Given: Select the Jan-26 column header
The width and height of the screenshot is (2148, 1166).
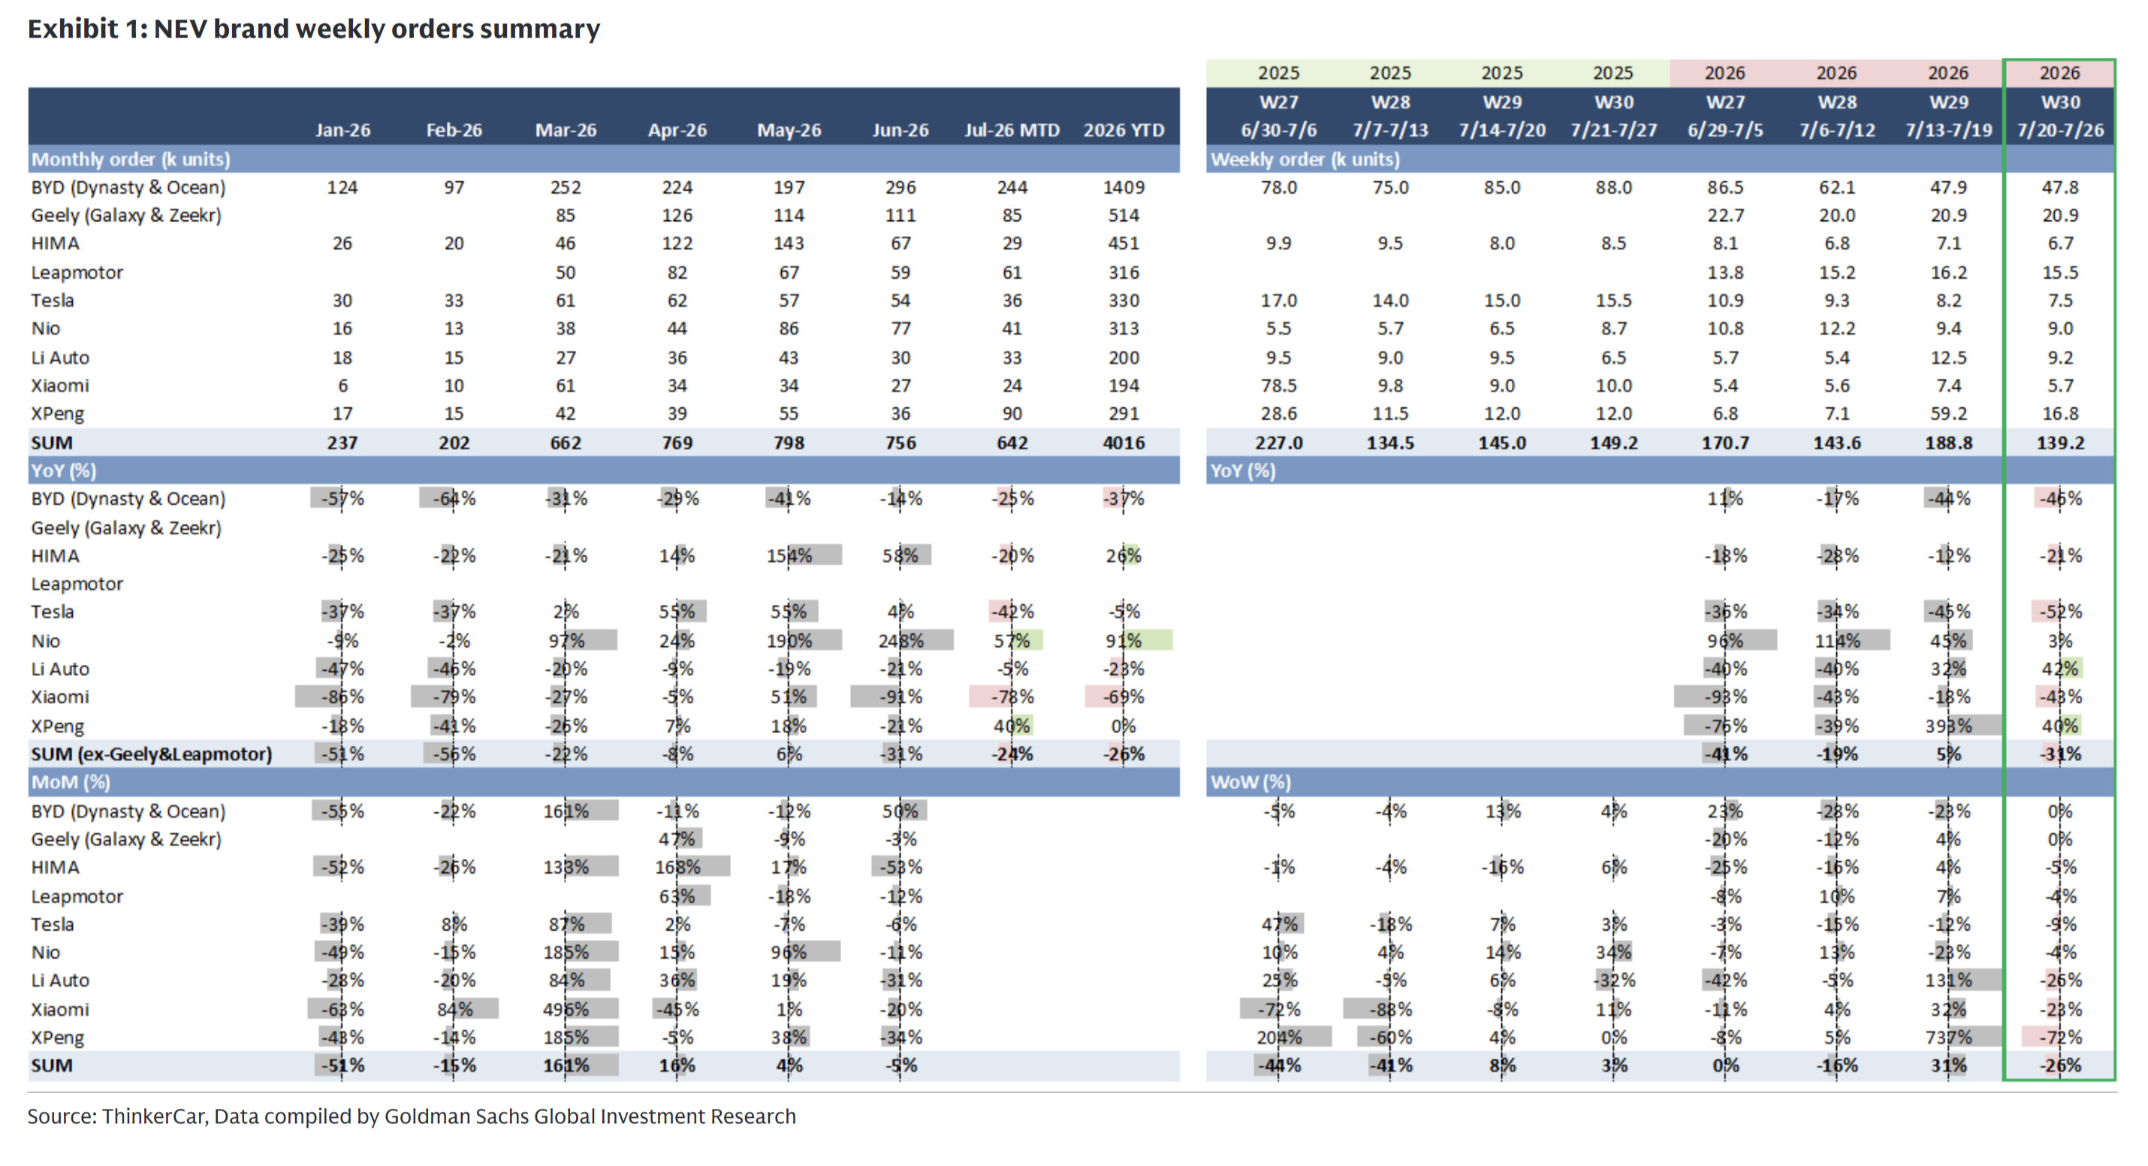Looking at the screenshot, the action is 342,130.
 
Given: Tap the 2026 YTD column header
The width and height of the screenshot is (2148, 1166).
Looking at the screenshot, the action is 1124,130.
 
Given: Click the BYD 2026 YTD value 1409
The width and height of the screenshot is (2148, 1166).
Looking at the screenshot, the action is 1124,188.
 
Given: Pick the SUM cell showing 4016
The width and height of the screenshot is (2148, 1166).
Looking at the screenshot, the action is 1124,443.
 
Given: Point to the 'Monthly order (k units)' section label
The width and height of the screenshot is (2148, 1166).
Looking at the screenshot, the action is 131,159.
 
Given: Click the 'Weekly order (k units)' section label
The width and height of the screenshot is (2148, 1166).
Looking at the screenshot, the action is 1305,159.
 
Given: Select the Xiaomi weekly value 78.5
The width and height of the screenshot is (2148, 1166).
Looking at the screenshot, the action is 1278,386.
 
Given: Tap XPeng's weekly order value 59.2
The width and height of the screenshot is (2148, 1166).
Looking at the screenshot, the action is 1948,414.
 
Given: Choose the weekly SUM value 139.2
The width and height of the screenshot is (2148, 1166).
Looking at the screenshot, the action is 2059,443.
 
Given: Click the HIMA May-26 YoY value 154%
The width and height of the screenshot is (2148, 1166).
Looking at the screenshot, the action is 789,555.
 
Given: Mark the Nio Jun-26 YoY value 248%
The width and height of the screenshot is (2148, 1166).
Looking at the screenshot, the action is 901,641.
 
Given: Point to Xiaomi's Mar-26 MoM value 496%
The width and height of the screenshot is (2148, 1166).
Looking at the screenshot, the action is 566,1009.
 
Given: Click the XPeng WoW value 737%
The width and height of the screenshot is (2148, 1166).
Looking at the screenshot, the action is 1948,1038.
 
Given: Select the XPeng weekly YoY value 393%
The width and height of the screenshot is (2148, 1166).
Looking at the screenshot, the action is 1948,726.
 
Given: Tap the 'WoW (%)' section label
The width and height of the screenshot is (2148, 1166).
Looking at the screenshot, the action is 1250,782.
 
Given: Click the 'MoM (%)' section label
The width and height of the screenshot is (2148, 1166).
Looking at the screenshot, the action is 71,782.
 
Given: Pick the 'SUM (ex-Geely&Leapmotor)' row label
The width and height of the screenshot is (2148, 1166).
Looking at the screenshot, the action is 152,754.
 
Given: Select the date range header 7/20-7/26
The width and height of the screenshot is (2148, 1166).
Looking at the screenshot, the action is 2059,130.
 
